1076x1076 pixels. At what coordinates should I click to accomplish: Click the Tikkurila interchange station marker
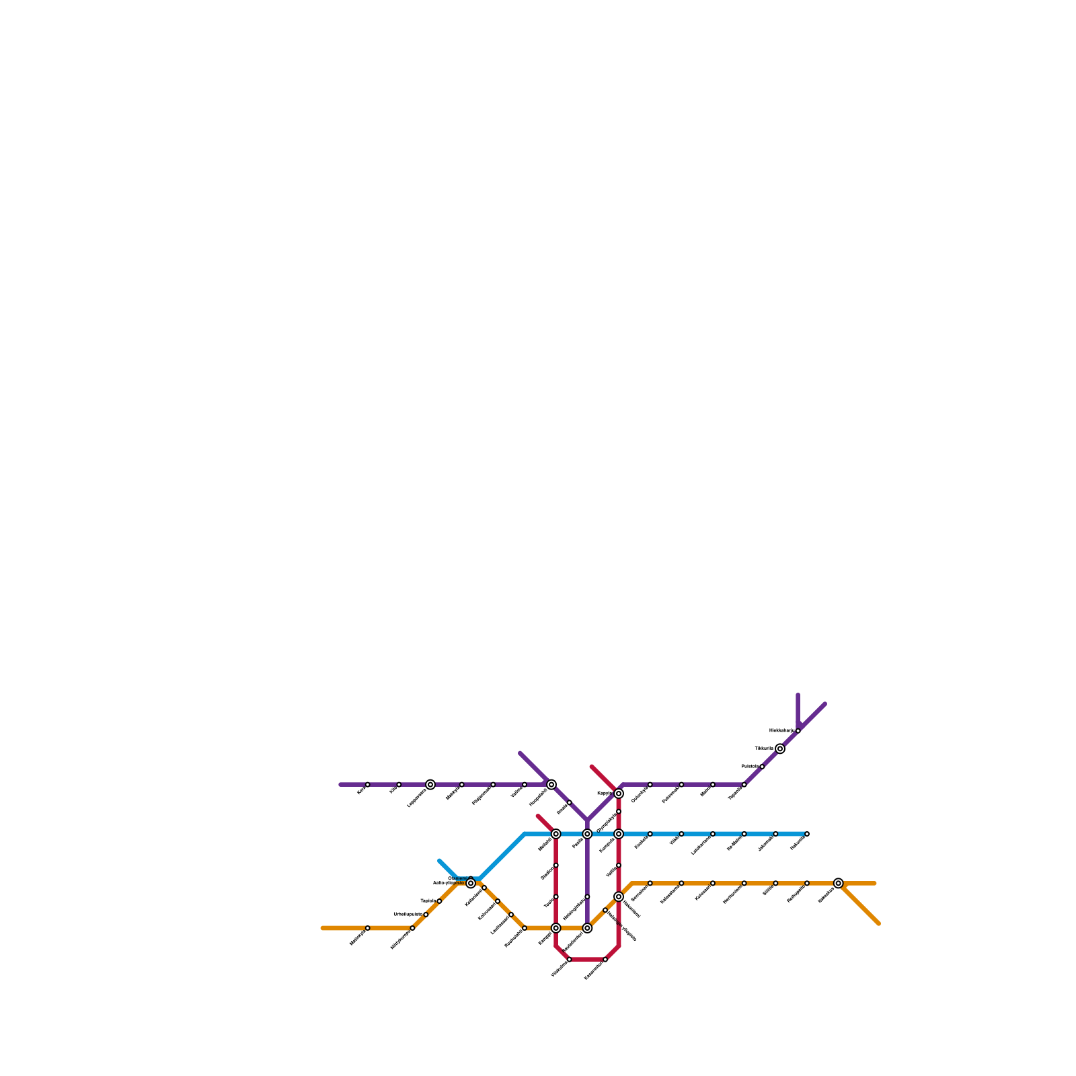pyautogui.click(x=780, y=748)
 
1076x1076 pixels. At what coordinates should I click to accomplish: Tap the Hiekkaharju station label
pyautogui.click(x=781, y=730)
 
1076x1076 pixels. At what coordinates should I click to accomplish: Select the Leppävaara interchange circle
pyautogui.click(x=430, y=784)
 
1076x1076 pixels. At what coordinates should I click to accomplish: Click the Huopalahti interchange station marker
pyautogui.click(x=551, y=784)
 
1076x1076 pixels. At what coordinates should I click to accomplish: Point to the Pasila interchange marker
pyautogui.click(x=587, y=834)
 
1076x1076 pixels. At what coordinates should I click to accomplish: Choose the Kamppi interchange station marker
pyautogui.click(x=555, y=928)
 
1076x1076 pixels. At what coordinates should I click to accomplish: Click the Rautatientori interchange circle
pyautogui.click(x=587, y=928)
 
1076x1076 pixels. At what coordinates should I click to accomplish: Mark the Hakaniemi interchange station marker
pyautogui.click(x=619, y=896)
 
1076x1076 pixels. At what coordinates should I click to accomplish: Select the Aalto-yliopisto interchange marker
pyautogui.click(x=471, y=883)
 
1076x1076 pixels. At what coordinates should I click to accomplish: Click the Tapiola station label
pyautogui.click(x=428, y=900)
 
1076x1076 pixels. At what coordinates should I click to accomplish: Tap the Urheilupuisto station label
pyautogui.click(x=408, y=914)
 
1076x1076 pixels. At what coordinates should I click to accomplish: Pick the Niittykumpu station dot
pyautogui.click(x=412, y=928)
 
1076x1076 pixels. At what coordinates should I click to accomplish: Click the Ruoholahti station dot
pyautogui.click(x=525, y=928)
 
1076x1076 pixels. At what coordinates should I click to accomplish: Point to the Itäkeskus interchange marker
pyautogui.click(x=838, y=883)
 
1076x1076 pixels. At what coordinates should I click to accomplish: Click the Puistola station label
pyautogui.click(x=750, y=766)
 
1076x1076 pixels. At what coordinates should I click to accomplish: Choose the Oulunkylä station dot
pyautogui.click(x=650, y=784)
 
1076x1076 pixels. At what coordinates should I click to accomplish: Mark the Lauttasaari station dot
pyautogui.click(x=511, y=915)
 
